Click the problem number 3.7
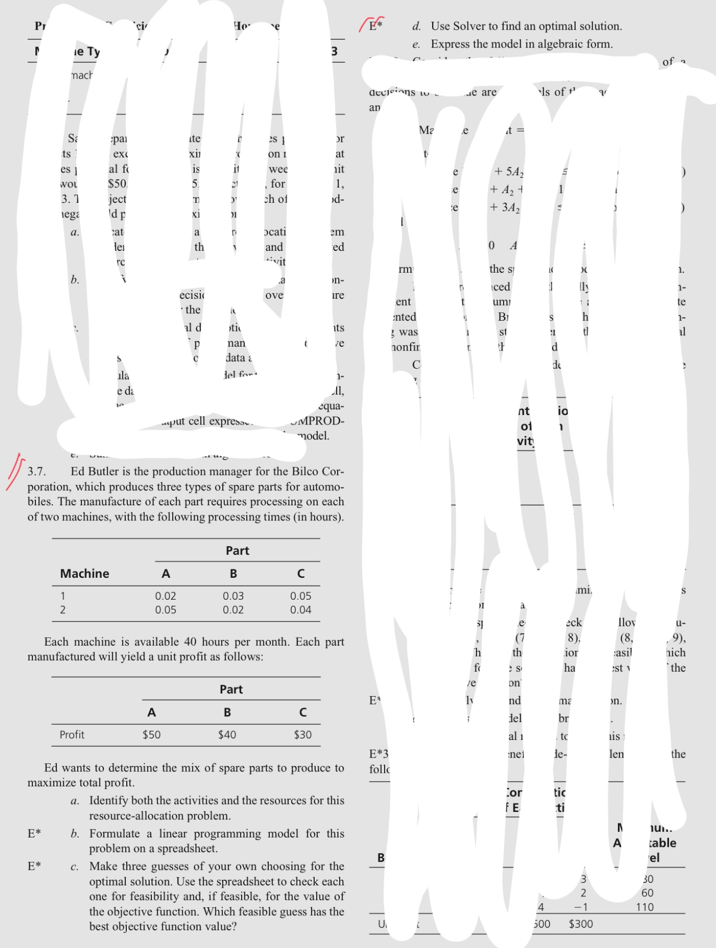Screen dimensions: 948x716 pos(37,472)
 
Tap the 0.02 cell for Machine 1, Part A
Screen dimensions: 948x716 pos(165,596)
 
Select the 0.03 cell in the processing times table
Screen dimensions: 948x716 pos(233,596)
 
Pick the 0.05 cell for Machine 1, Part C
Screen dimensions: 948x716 pos(301,596)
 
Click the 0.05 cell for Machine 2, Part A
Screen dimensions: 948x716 pos(165,610)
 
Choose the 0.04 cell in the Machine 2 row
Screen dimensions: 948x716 pos(301,610)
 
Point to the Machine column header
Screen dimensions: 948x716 pos(85,574)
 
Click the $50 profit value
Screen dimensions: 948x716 pos(151,735)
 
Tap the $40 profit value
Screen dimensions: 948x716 pos(227,735)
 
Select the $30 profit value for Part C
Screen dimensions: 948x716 pos(303,735)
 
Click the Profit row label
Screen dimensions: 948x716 pos(72,735)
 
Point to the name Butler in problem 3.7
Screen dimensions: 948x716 pos(105,472)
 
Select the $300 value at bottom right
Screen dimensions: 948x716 pos(581,924)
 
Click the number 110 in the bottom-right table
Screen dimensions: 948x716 pos(645,907)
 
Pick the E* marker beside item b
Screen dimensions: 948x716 pos(34,833)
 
